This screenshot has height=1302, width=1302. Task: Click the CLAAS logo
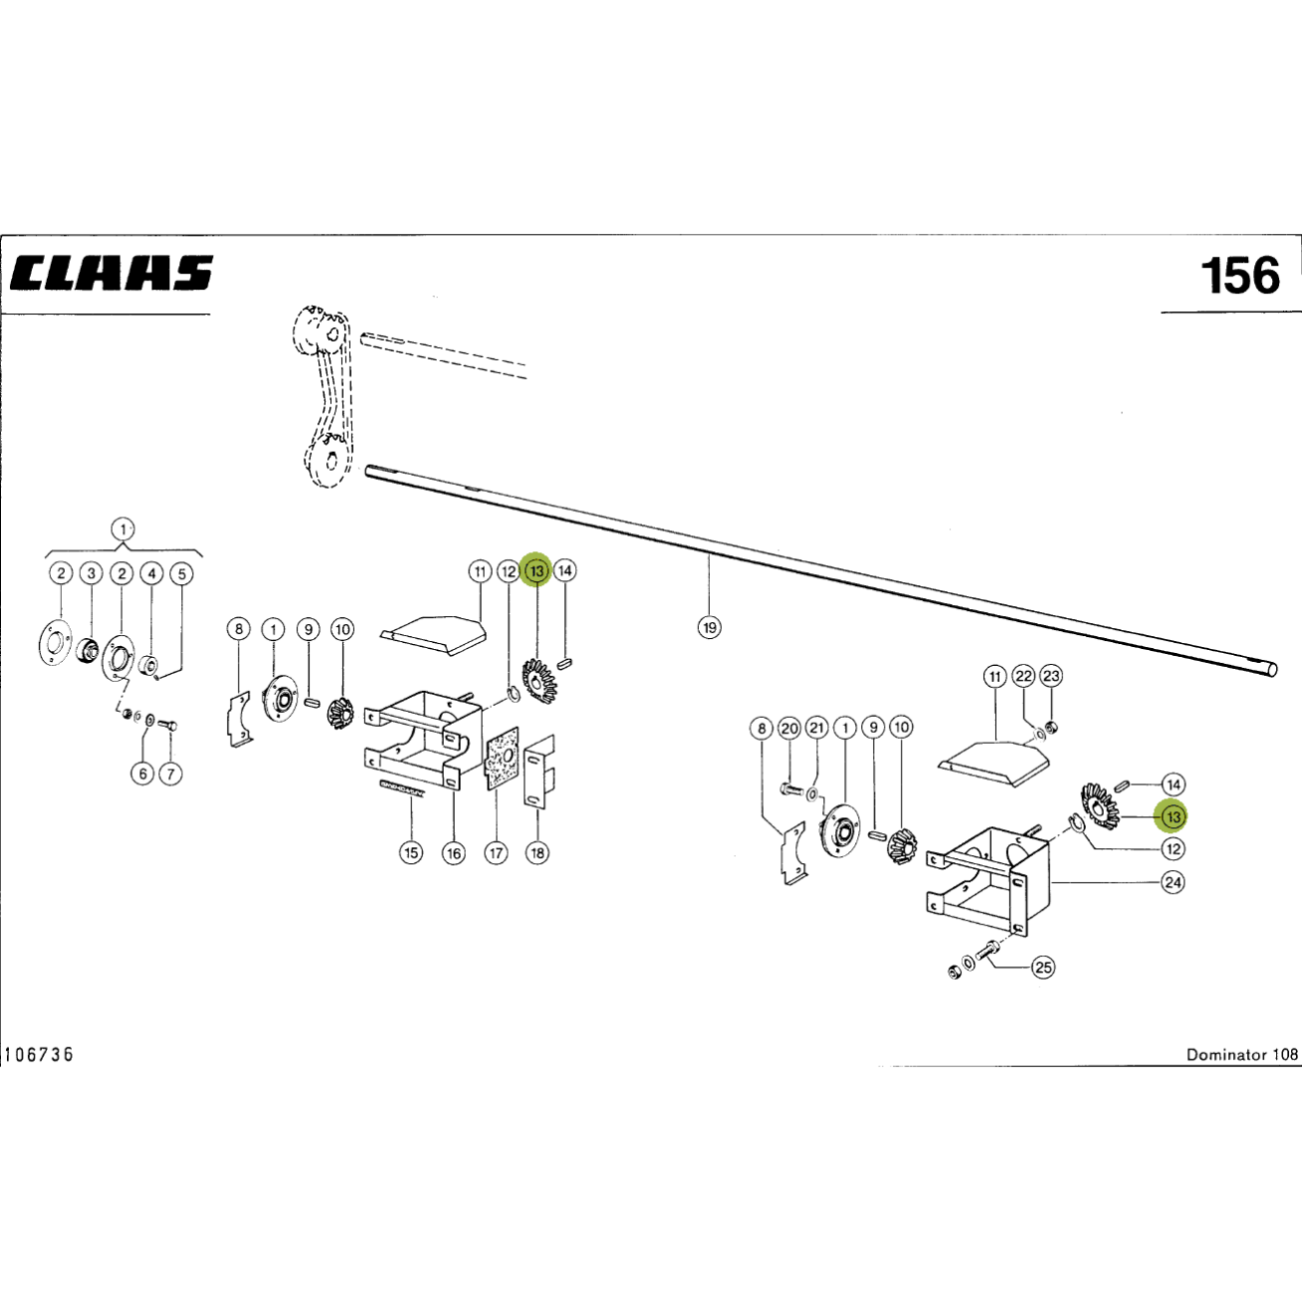coord(111,273)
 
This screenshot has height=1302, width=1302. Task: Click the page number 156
coord(1240,276)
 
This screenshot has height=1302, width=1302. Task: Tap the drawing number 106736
coord(39,1055)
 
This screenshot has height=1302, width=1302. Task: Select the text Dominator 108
coord(1242,1055)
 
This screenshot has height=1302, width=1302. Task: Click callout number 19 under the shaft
coord(710,628)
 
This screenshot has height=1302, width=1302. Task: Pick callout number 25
coord(1043,968)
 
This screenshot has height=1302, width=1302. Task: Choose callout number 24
coord(1173,882)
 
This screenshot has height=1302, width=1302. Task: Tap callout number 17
coord(496,853)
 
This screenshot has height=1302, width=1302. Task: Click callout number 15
coord(411,853)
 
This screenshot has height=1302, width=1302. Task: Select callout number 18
coord(538,853)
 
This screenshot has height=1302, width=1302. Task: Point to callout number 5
coord(182,574)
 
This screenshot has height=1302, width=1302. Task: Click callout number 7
coord(170,773)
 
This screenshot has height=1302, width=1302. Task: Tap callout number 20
coord(789,729)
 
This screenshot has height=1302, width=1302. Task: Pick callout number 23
coord(1052,676)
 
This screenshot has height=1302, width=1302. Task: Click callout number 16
coord(453,853)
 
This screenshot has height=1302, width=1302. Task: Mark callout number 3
coord(91,574)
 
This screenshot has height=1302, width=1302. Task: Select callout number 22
coord(1024,676)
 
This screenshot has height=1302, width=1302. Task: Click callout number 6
coord(142,773)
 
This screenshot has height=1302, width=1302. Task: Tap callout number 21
coord(817,728)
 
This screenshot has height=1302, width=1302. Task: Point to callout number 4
coord(152,574)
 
